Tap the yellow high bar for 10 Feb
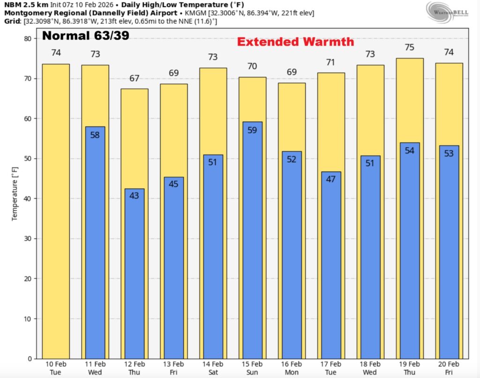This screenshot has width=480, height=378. (x=56, y=211)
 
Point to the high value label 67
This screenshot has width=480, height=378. (x=135, y=78)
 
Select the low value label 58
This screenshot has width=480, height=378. (x=95, y=135)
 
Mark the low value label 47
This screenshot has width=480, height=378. (x=331, y=179)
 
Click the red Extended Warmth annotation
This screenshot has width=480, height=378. (x=295, y=42)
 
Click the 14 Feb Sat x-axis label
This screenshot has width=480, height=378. (x=213, y=368)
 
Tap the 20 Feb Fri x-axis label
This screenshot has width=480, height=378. (x=449, y=368)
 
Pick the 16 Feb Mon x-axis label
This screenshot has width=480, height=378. (x=292, y=368)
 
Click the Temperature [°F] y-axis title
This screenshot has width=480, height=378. (x=15, y=199)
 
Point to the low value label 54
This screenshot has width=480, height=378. (x=410, y=151)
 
